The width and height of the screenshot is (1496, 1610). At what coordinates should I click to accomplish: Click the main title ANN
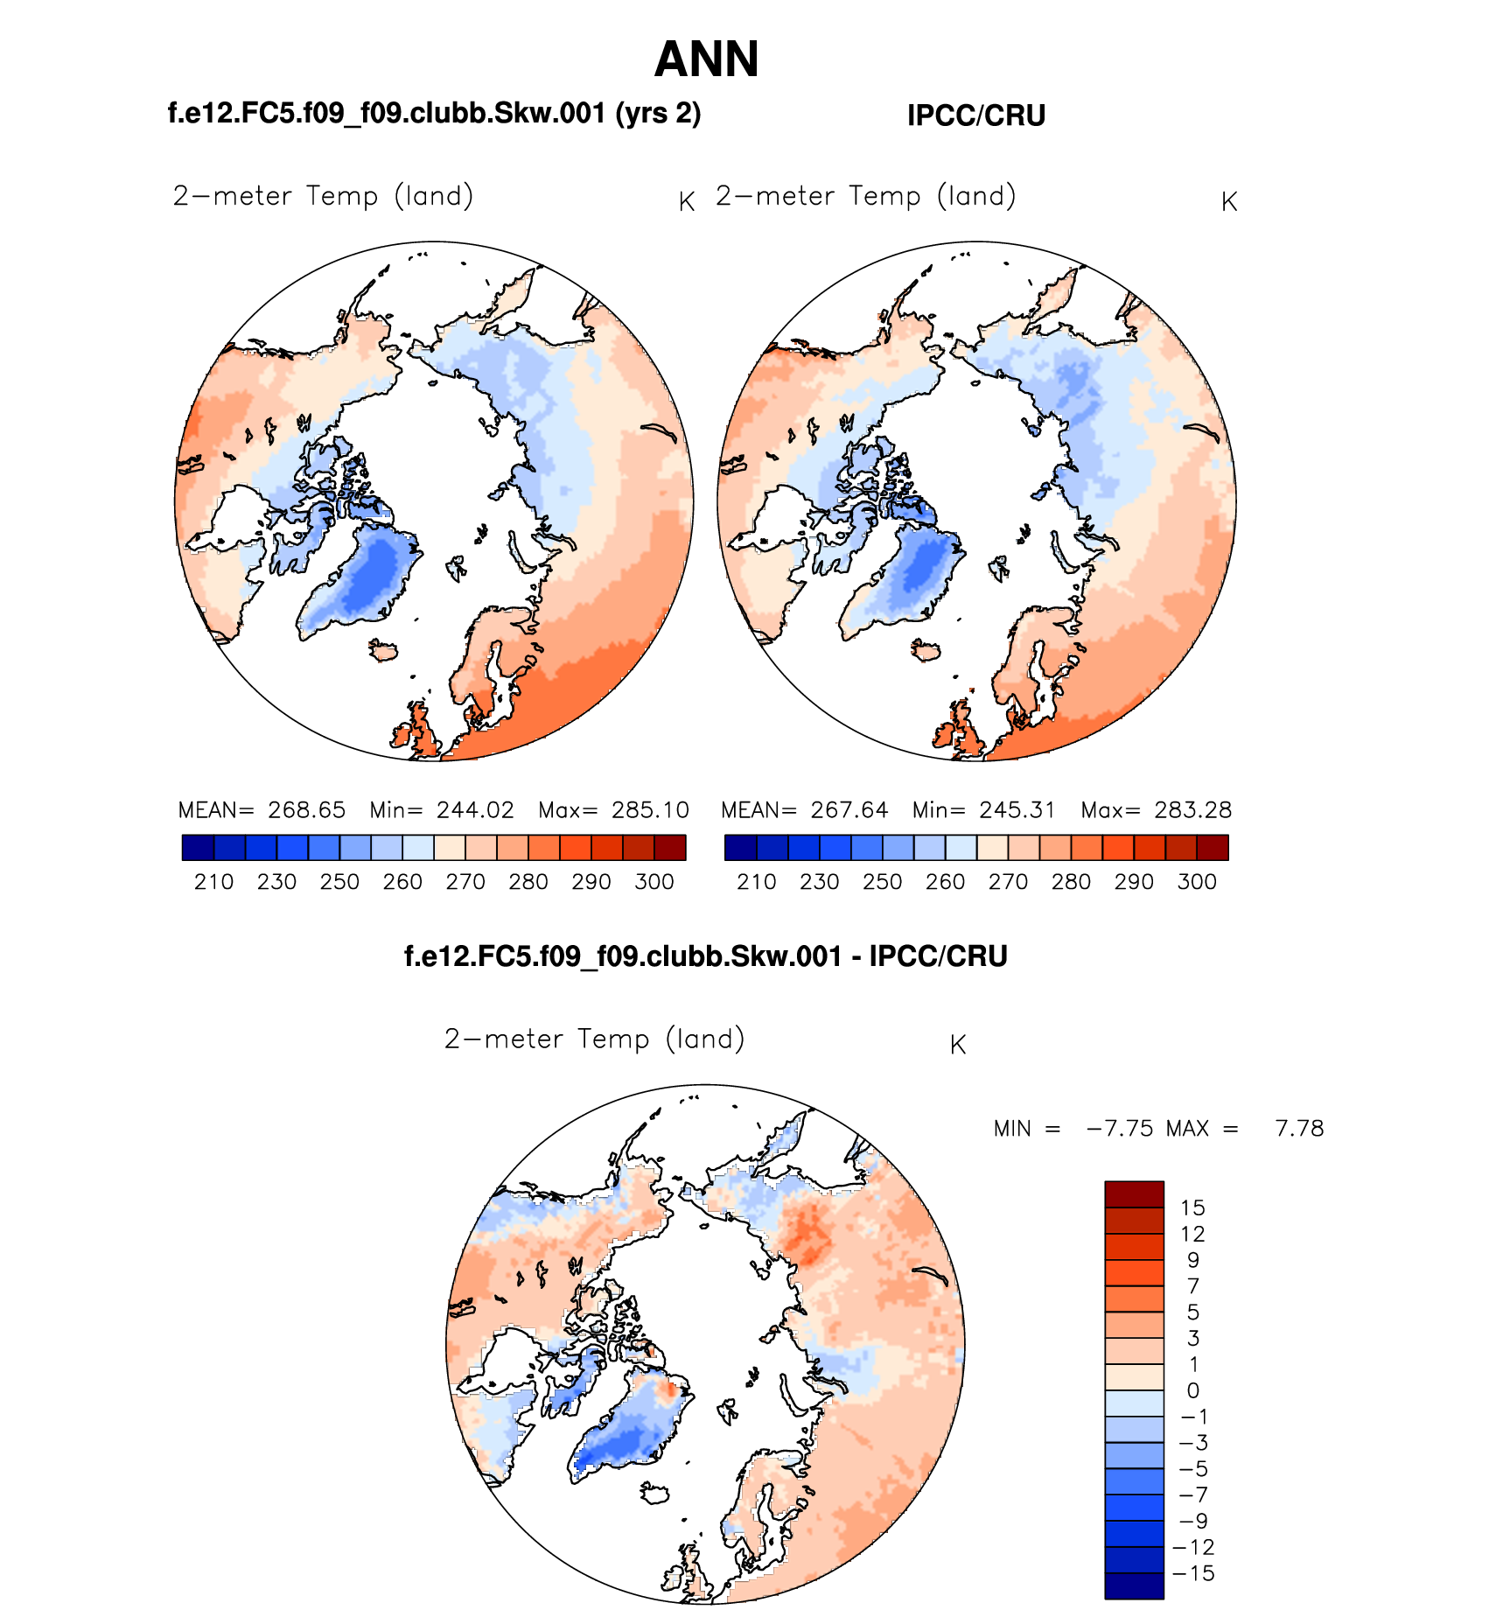click(706, 59)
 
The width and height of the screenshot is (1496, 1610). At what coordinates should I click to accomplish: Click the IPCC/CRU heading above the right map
click(976, 115)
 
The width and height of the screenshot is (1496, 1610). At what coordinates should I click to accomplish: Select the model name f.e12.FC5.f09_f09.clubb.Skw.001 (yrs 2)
click(434, 113)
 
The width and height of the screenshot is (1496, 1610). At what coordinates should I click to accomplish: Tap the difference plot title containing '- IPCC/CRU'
click(705, 955)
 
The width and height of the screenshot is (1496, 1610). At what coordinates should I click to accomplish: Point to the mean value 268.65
click(306, 810)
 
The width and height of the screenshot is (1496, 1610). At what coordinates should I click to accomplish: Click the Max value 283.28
click(1192, 810)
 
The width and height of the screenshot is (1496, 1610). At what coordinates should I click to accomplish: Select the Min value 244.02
click(475, 810)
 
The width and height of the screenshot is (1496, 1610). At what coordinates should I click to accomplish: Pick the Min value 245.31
click(1017, 810)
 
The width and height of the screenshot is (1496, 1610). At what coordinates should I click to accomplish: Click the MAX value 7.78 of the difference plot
click(1299, 1129)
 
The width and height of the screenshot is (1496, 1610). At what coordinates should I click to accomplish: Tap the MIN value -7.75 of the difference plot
click(1120, 1129)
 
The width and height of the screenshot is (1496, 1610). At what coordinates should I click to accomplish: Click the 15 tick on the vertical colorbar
click(1192, 1208)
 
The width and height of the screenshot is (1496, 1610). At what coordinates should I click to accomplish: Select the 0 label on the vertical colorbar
click(1193, 1391)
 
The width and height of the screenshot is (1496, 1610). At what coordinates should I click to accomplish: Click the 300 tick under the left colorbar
click(654, 882)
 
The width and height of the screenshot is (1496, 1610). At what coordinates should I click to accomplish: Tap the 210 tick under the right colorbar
click(757, 882)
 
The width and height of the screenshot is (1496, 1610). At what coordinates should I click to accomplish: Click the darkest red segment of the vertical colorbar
click(1134, 1194)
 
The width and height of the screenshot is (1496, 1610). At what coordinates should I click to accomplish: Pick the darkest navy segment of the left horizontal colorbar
click(198, 848)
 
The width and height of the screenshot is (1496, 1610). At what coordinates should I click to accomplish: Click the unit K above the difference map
click(958, 1045)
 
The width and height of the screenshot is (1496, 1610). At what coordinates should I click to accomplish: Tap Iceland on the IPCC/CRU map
click(926, 650)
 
